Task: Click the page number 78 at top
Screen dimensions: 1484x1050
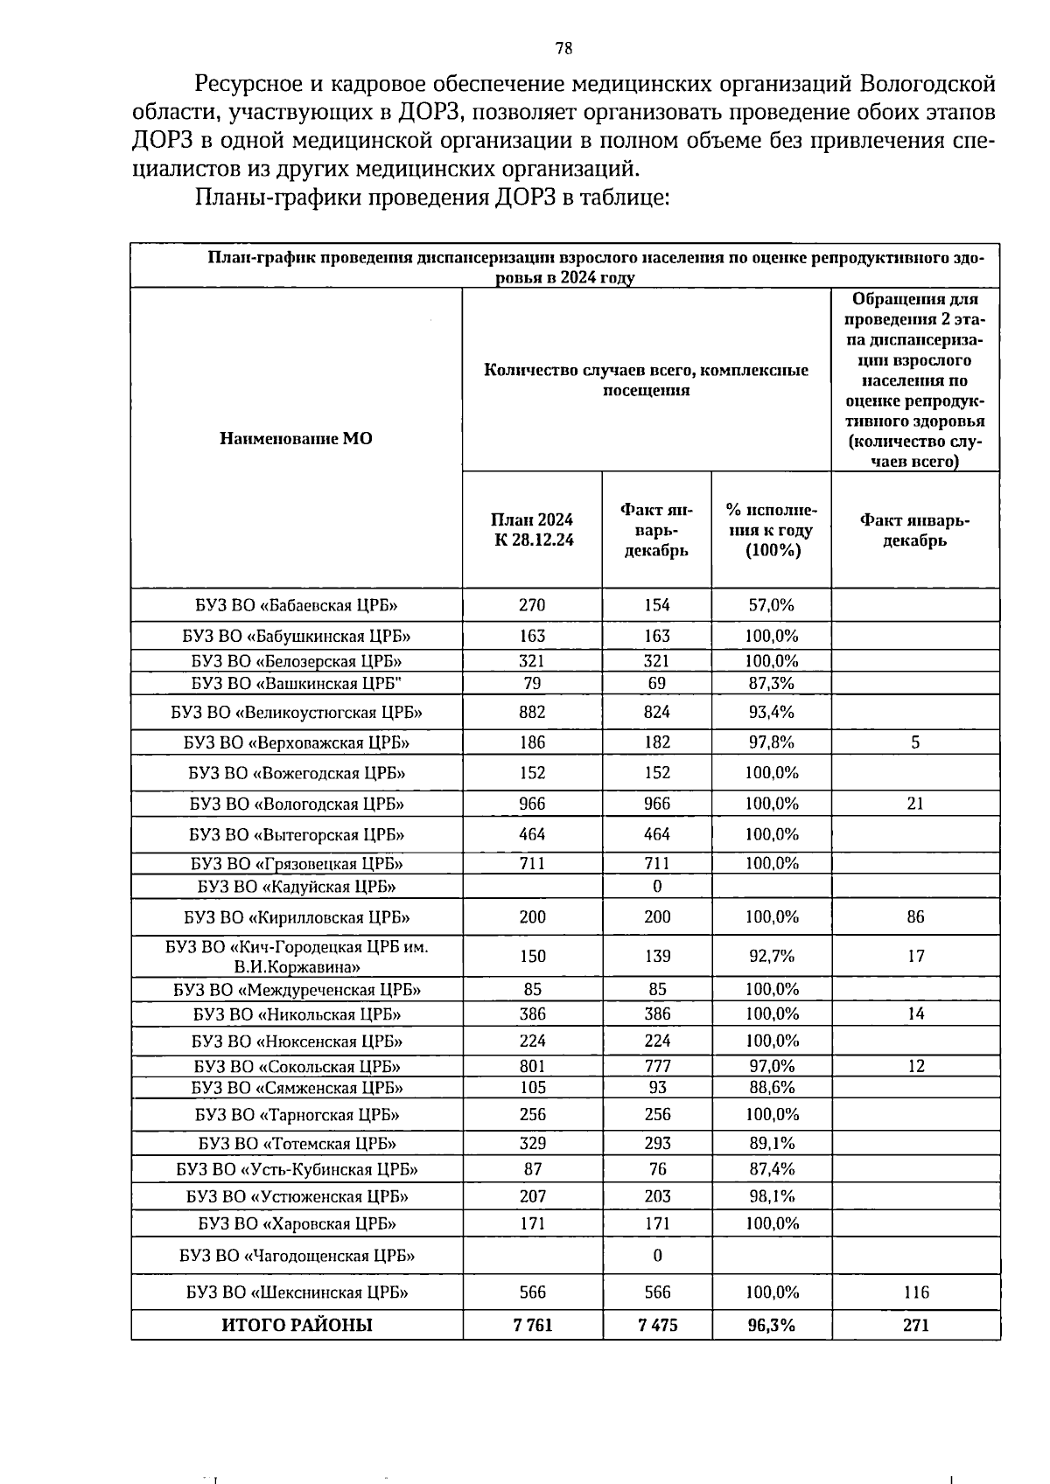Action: pos(563,49)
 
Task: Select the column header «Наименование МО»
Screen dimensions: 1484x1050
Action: pos(296,438)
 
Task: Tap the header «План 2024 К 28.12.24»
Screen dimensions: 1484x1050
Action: pos(533,530)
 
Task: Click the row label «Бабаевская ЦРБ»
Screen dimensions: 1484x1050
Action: pos(297,605)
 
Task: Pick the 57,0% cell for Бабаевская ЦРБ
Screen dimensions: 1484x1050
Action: pos(771,605)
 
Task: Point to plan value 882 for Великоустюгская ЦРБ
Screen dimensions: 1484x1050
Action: pos(532,712)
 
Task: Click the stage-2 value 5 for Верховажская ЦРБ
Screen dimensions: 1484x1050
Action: pos(915,742)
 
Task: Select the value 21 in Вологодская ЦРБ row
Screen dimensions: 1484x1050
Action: pos(915,804)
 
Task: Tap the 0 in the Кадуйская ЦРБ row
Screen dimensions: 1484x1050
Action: pos(657,887)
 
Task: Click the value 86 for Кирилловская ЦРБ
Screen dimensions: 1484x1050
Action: pos(915,917)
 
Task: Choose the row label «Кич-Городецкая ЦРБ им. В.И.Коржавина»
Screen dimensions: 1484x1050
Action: pos(297,957)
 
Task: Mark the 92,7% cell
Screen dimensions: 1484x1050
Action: pos(771,957)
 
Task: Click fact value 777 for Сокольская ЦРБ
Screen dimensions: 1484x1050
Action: pos(657,1066)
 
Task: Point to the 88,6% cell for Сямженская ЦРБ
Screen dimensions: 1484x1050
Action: pos(771,1088)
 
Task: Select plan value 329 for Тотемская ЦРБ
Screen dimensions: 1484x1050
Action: pos(532,1143)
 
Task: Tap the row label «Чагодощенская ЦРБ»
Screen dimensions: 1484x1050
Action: pos(297,1256)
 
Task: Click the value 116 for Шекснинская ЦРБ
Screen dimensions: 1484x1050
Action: pos(915,1292)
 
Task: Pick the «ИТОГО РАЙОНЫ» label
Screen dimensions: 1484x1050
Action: pos(297,1325)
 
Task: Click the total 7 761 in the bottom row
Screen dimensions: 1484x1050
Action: pos(532,1325)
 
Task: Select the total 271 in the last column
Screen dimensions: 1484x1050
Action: pos(915,1325)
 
